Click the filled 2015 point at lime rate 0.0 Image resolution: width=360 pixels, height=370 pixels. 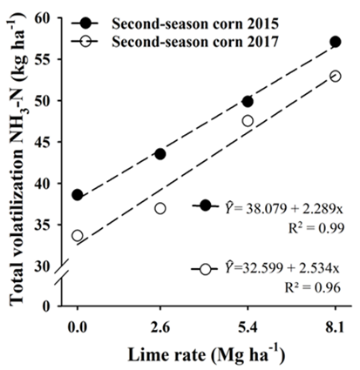click(x=78, y=195)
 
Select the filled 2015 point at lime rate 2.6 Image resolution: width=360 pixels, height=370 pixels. click(x=160, y=154)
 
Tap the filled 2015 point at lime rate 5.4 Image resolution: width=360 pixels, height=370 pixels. click(x=248, y=102)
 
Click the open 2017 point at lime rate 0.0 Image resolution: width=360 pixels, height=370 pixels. click(x=78, y=235)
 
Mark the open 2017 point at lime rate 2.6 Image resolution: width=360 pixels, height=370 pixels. click(x=160, y=208)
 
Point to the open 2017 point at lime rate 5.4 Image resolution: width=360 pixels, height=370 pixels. click(x=248, y=121)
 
